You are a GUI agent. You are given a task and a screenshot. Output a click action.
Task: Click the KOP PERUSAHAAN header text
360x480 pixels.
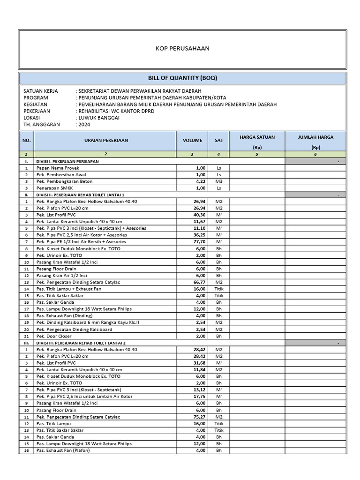(x=182, y=48)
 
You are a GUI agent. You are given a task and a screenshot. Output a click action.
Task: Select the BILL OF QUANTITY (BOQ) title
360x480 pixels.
(x=182, y=78)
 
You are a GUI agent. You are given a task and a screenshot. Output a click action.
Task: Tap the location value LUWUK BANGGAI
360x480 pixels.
(x=99, y=118)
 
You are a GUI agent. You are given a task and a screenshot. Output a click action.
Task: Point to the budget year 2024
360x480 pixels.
(x=84, y=125)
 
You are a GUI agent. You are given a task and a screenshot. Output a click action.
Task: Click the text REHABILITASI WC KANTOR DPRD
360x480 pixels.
(x=116, y=111)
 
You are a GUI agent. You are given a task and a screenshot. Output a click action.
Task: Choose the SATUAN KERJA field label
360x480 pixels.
(x=41, y=91)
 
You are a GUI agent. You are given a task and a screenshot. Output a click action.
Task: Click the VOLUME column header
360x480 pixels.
(x=193, y=140)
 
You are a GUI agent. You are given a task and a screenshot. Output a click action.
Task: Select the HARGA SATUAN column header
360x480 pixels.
(x=257, y=137)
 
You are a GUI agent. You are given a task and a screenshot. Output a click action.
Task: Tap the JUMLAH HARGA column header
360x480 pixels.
(x=315, y=137)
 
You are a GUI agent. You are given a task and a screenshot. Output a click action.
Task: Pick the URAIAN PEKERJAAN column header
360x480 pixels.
(x=106, y=140)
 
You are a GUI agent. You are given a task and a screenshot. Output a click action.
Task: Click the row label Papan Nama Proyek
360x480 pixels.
(x=58, y=168)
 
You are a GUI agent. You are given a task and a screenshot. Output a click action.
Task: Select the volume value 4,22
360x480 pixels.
(x=200, y=181)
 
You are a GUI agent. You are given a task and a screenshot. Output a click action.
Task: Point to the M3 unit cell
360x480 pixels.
(x=218, y=181)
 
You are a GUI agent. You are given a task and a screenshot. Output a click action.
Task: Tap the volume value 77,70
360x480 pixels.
(x=199, y=242)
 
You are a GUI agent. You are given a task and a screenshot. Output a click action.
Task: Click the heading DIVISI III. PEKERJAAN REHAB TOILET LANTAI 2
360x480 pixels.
(x=89, y=343)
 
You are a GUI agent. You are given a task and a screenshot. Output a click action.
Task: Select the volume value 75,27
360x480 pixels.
(x=199, y=417)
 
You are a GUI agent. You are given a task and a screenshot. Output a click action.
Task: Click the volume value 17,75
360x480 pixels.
(x=199, y=397)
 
